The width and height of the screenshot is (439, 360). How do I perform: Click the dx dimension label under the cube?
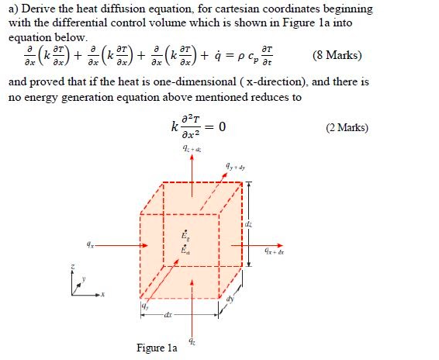pos(168,316)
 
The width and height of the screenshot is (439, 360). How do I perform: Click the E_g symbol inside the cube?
pos(183,234)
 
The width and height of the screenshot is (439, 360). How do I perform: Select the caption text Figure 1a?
pos(157,348)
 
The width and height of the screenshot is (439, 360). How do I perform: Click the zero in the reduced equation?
pos(222,127)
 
